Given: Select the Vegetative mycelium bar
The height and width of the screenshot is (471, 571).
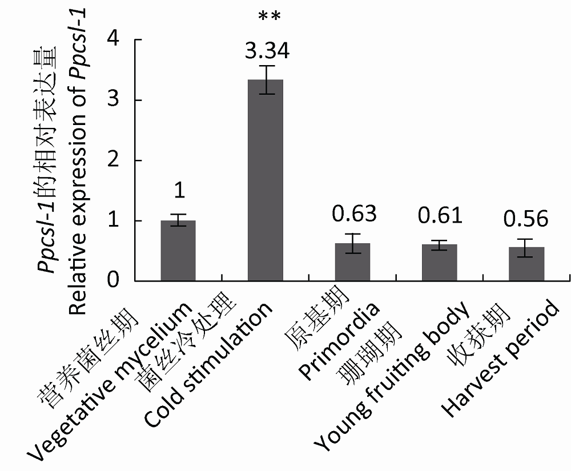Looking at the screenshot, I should click(178, 251).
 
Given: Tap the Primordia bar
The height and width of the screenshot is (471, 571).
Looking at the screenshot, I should click(352, 262).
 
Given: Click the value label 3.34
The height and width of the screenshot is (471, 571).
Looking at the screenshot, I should click(267, 51).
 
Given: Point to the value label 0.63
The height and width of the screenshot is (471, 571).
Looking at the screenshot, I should click(355, 214).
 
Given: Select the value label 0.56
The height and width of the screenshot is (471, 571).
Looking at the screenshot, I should click(526, 218).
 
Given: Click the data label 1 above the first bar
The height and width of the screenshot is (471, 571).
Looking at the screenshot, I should click(179, 191).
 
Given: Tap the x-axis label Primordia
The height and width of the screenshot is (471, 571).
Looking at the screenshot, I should click(340, 343).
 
